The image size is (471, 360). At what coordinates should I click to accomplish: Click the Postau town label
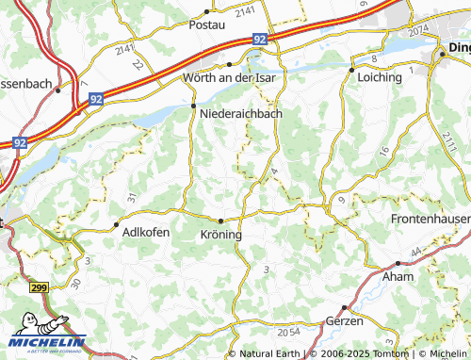[208, 25]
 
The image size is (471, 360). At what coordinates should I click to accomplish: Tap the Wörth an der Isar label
[232, 77]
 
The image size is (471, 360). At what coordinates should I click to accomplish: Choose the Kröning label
[222, 234]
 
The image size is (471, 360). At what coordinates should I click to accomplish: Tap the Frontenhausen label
[430, 218]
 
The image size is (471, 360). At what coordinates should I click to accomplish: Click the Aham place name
[397, 277]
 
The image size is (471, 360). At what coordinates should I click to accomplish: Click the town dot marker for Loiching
[350, 70]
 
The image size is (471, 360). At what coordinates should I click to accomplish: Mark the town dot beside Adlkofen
[117, 225]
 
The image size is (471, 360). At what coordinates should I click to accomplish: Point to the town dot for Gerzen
[345, 307]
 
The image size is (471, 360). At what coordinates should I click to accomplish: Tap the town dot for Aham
[384, 265]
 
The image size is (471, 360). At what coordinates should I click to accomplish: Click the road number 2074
[417, 30]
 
